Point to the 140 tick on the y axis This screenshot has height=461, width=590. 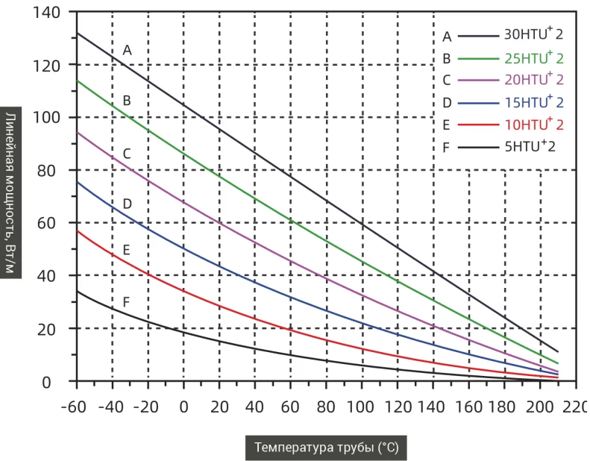[47, 12]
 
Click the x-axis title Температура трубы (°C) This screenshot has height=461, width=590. [327, 448]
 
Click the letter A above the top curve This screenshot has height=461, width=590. [127, 50]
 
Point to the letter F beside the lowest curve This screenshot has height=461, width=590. [126, 302]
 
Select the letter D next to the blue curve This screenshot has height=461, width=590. [127, 203]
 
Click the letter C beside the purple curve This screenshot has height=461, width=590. [127, 154]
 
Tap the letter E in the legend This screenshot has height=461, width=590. [447, 125]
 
